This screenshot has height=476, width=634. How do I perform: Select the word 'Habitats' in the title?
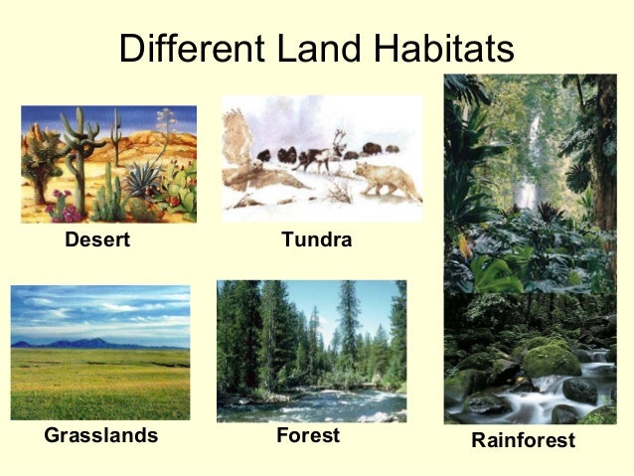point(436,48)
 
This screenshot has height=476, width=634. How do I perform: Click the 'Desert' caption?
point(97,239)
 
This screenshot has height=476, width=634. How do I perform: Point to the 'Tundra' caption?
point(317,239)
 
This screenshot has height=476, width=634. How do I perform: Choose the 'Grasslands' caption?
point(100,435)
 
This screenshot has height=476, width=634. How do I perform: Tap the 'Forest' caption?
point(308,435)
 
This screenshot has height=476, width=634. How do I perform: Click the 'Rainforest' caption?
point(524,440)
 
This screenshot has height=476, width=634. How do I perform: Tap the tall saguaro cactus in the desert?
point(74,149)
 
